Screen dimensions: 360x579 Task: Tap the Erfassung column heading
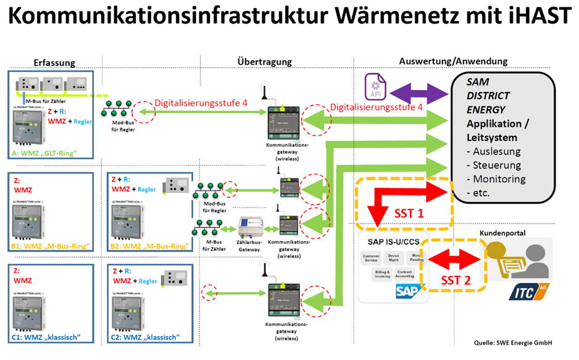click(54, 62)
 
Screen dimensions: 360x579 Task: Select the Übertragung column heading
click(264, 62)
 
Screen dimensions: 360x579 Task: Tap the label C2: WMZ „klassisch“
click(146, 337)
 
